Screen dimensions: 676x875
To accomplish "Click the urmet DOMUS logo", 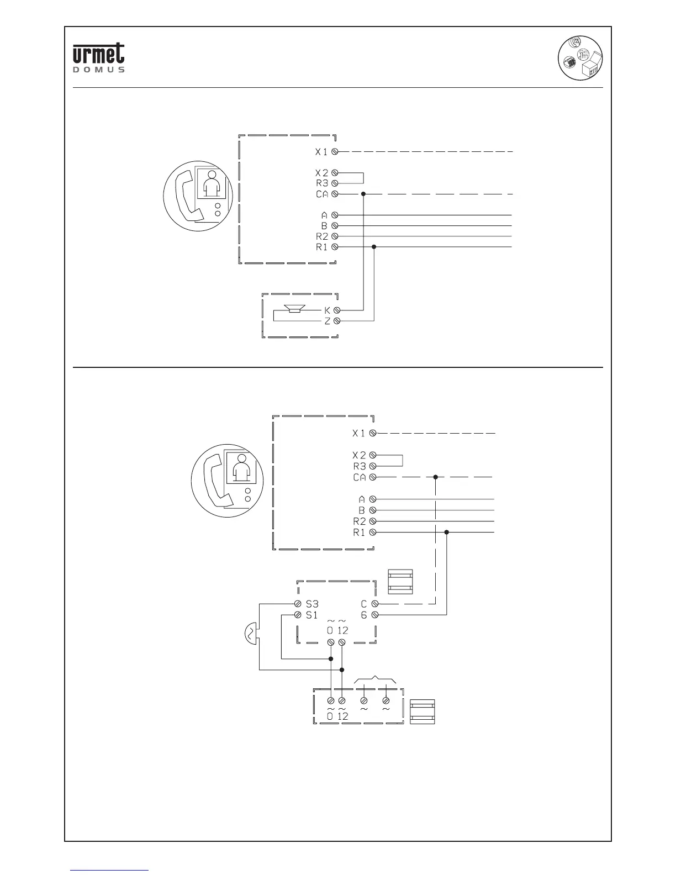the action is tap(99, 57).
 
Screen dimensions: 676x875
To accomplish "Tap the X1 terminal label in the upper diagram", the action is tap(321, 151).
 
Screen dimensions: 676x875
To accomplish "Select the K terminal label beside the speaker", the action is tap(327, 310).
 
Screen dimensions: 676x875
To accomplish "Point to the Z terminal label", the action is tap(327, 321).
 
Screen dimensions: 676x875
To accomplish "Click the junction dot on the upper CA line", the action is tap(363, 194).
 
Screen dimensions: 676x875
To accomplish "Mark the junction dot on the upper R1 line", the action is tap(374, 247).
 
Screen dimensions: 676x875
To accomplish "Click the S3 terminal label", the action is tap(312, 604).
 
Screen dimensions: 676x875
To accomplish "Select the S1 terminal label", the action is tap(312, 615).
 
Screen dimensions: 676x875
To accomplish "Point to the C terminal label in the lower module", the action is tap(363, 604).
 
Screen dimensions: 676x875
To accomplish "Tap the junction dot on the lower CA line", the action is tap(435, 477).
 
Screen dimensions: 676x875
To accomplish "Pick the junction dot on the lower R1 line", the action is tap(446, 533).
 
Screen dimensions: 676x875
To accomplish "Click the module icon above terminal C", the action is tap(400, 582).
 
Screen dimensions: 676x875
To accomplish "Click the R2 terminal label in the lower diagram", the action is tap(360, 521).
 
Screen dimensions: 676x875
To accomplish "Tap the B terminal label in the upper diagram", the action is tap(325, 226).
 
